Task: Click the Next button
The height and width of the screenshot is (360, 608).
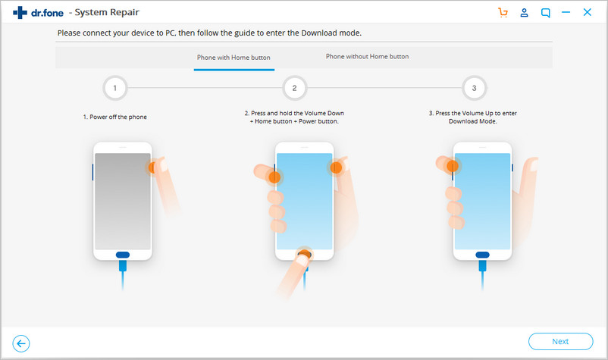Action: pyautogui.click(x=560, y=341)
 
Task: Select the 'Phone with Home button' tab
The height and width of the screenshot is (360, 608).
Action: pyautogui.click(x=233, y=58)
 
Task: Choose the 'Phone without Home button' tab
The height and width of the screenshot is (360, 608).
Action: pyautogui.click(x=367, y=57)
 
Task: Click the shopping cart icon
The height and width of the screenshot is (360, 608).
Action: pyautogui.click(x=503, y=13)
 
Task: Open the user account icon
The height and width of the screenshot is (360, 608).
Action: pyautogui.click(x=525, y=13)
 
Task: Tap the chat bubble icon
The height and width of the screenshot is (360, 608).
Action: pyautogui.click(x=546, y=13)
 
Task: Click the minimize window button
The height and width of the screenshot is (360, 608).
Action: pyautogui.click(x=566, y=12)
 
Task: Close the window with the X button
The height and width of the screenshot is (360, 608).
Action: pyautogui.click(x=587, y=12)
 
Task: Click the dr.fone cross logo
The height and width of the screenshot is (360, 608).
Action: pyautogui.click(x=20, y=13)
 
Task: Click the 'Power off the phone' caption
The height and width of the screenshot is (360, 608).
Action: pyautogui.click(x=114, y=117)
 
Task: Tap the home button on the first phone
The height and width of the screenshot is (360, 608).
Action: pyautogui.click(x=123, y=255)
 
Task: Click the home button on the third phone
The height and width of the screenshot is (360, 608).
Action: pyautogui.click(x=482, y=255)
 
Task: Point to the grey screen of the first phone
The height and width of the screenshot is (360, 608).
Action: pyautogui.click(x=123, y=201)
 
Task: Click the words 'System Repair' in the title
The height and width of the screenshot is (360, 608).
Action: pyautogui.click(x=107, y=13)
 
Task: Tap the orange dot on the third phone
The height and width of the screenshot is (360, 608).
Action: pyautogui.click(x=453, y=166)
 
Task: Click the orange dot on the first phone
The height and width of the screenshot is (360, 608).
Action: pyautogui.click(x=152, y=167)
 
